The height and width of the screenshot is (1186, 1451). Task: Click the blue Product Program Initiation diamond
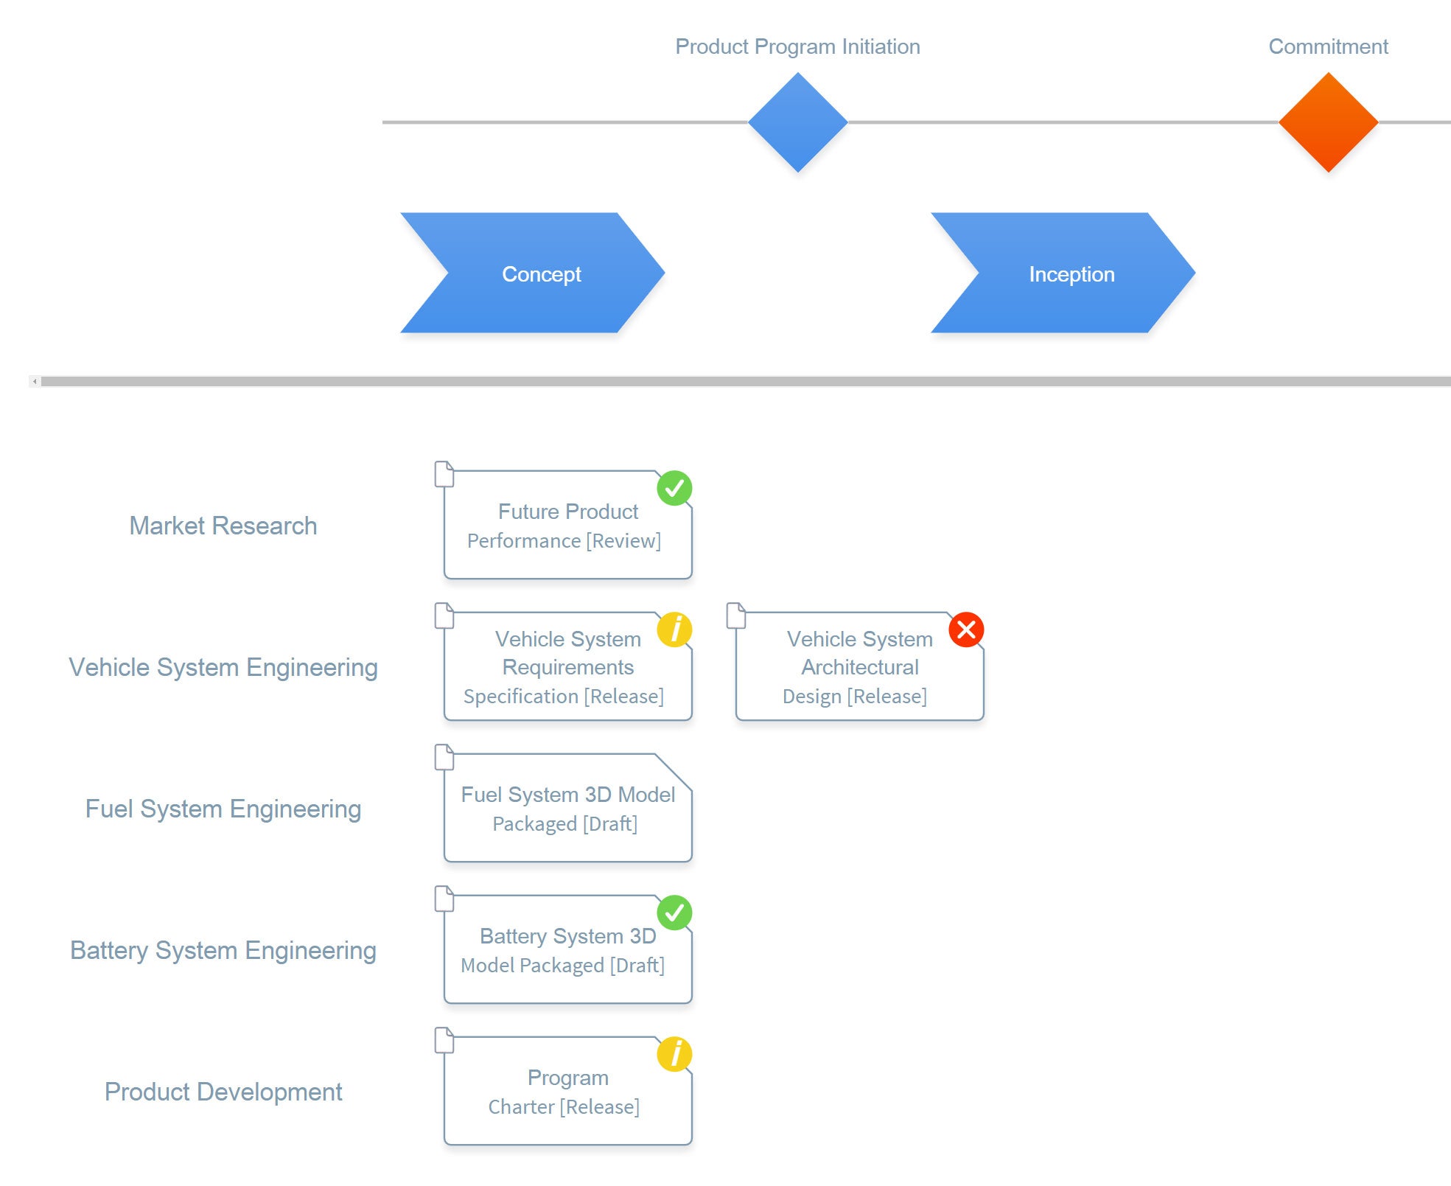pos(797,122)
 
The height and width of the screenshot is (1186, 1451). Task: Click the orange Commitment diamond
pos(1328,122)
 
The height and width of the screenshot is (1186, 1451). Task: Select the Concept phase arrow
pos(532,273)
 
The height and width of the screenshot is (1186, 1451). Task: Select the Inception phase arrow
pos(1063,273)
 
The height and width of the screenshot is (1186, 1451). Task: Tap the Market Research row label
pos(223,526)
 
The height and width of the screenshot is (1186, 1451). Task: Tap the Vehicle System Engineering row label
pos(223,667)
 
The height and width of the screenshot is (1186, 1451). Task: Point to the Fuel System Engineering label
pos(223,809)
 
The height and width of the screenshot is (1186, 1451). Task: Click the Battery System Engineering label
pos(223,950)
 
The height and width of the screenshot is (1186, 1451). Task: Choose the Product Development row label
pos(223,1092)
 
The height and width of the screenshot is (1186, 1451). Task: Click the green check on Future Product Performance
pos(674,488)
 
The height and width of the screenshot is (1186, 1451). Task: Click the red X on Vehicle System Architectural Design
pos(966,629)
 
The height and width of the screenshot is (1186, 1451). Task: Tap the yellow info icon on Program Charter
pos(674,1054)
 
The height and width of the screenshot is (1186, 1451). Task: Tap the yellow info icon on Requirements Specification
pos(674,629)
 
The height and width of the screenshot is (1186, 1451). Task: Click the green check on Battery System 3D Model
pos(674,913)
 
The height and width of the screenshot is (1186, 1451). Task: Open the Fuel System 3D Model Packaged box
pos(567,809)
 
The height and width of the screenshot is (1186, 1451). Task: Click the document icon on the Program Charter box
pos(444,1040)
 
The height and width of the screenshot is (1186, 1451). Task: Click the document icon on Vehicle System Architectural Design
pos(736,615)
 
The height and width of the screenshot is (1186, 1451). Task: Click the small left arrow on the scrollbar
pos(35,381)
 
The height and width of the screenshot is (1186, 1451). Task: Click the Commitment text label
pos(1328,46)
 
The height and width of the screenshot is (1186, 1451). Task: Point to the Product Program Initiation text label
pos(797,46)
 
